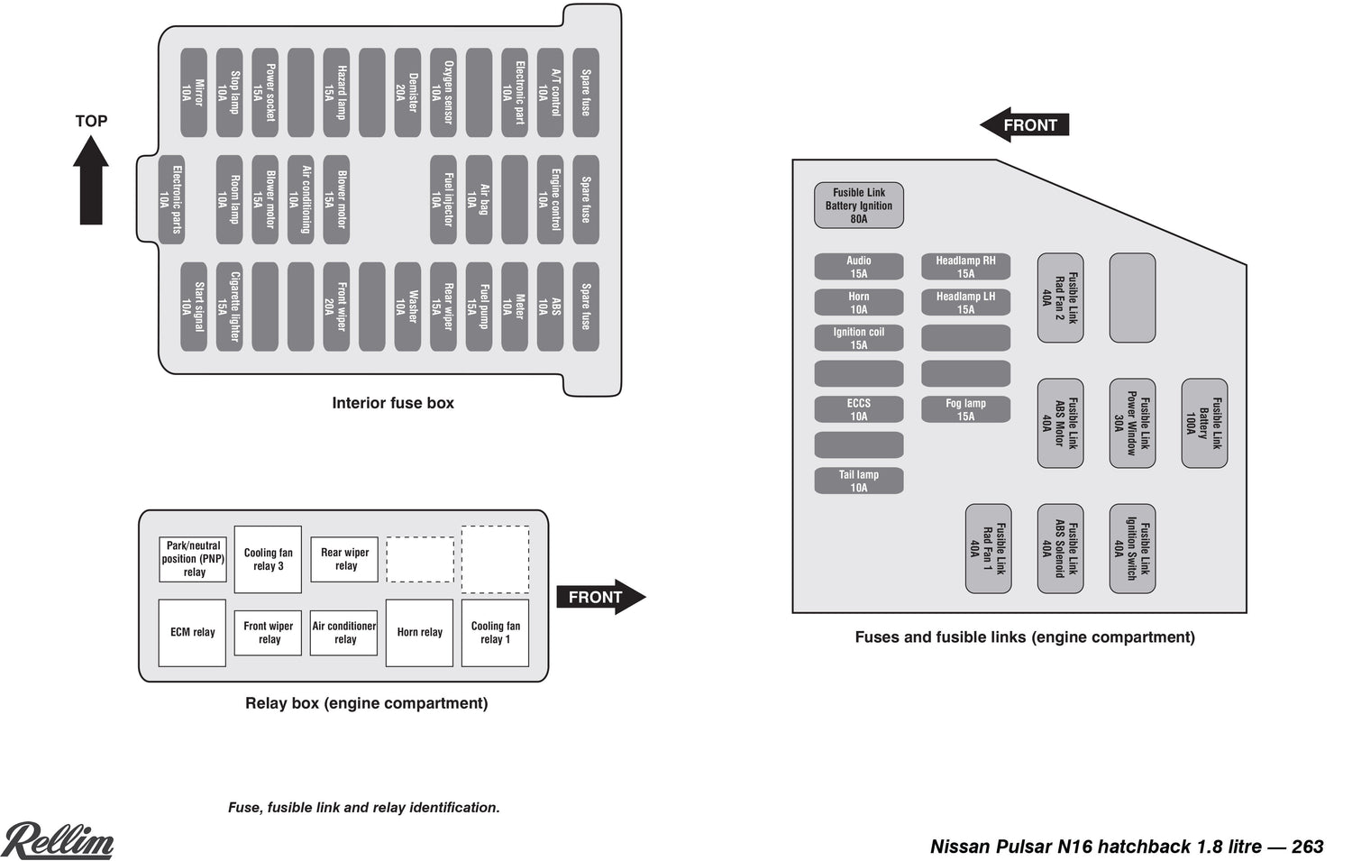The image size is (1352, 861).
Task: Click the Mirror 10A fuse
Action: [x=194, y=93]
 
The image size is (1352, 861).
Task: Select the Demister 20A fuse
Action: [x=407, y=93]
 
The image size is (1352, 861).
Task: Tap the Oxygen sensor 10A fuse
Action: [x=443, y=93]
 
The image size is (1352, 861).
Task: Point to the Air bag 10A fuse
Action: [x=479, y=199]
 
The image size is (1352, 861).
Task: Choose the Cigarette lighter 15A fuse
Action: [x=229, y=307]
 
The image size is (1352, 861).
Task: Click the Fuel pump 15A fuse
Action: [x=479, y=307]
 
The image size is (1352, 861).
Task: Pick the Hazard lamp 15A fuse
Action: [x=336, y=93]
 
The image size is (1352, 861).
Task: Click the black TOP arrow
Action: [x=91, y=179]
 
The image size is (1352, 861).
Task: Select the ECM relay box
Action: [x=192, y=633]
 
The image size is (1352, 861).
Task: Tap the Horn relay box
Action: [x=419, y=633]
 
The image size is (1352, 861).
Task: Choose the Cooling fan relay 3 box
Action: [x=268, y=559]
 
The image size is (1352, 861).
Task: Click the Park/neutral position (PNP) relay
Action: [x=193, y=559]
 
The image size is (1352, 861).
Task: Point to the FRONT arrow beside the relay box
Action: [x=600, y=597]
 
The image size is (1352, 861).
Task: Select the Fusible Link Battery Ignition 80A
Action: [x=859, y=206]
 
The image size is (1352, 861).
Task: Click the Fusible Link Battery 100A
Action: [x=1204, y=423]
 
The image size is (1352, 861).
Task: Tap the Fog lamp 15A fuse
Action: [x=965, y=409]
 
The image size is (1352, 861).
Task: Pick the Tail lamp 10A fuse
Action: [x=859, y=481]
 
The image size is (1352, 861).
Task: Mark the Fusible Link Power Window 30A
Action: [x=1132, y=423]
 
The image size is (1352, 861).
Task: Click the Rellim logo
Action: [x=59, y=840]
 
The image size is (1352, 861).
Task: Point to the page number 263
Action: [x=1307, y=847]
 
